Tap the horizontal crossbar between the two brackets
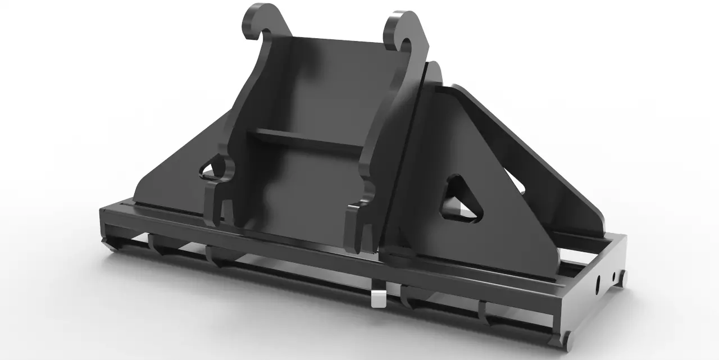pyautogui.click(x=306, y=138)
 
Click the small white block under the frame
pyautogui.click(x=378, y=298)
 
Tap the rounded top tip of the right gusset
pyautogui.click(x=434, y=70)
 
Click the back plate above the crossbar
pyautogui.click(x=331, y=84)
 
